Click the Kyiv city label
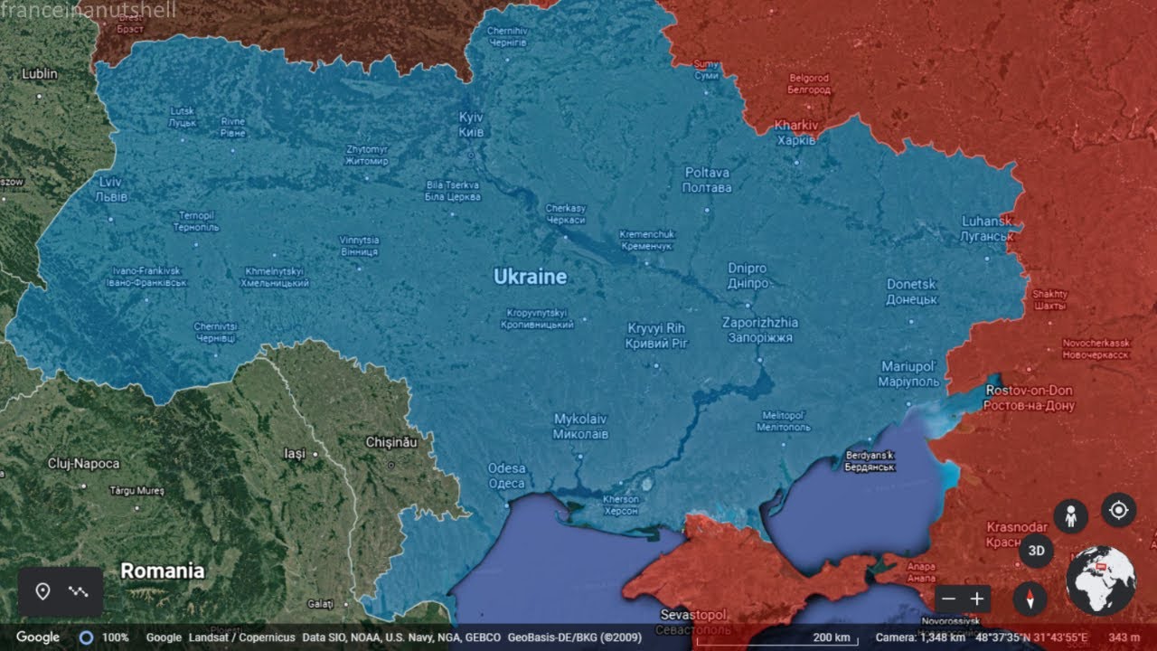(x=471, y=125)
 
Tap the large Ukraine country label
(x=530, y=277)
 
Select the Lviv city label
(x=111, y=189)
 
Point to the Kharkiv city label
(x=796, y=132)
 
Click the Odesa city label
(x=506, y=476)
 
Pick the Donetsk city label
(x=911, y=291)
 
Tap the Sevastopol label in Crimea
(x=693, y=621)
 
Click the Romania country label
(x=163, y=571)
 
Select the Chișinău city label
(x=391, y=442)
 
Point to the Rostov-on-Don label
(x=1029, y=398)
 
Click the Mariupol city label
(x=908, y=373)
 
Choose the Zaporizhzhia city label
(x=760, y=329)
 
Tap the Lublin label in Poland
(x=39, y=73)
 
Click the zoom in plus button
(x=977, y=599)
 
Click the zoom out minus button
(x=947, y=599)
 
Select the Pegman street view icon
(x=1070, y=516)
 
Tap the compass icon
(x=1030, y=599)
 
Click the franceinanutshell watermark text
(x=89, y=11)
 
